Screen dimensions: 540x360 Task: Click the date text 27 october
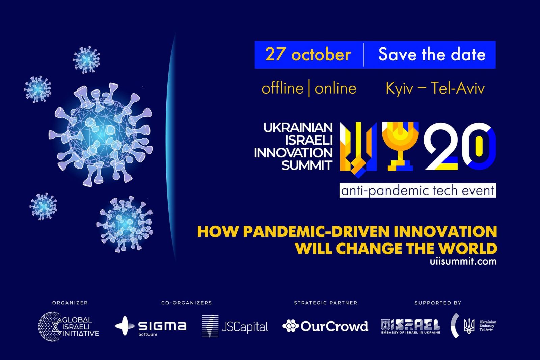coord(308,54)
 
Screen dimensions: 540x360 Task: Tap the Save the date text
coord(432,54)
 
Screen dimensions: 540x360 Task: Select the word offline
coord(282,88)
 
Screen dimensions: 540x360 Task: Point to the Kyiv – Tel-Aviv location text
coord(435,88)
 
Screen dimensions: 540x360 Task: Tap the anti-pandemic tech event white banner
coord(418,190)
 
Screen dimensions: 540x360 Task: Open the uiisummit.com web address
coord(463,261)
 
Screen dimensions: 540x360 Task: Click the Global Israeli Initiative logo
coord(69,327)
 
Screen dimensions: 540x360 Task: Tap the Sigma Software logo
coord(151,326)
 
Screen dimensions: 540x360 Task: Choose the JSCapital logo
coord(235,326)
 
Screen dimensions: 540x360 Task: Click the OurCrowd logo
coord(325,326)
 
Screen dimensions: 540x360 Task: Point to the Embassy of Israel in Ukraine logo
coord(410,327)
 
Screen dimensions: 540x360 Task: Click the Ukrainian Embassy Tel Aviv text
coord(488,326)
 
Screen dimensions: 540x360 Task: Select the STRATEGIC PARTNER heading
coord(325,303)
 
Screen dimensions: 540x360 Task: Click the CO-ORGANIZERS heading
coord(186,303)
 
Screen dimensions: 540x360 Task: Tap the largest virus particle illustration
coord(101,135)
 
